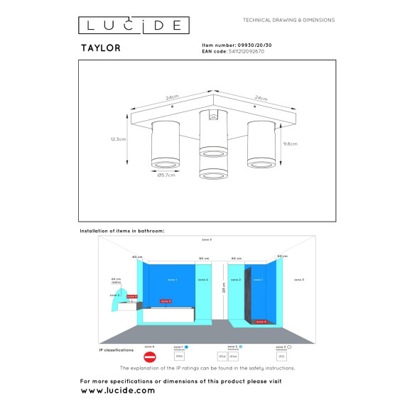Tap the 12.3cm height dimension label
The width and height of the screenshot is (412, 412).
(x=119, y=139)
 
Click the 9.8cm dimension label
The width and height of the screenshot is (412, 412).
(x=290, y=143)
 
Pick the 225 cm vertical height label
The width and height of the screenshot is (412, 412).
(x=223, y=290)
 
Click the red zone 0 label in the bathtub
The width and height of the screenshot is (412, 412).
(x=166, y=301)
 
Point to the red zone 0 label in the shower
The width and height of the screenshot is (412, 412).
(x=261, y=321)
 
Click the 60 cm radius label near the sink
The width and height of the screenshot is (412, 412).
(x=116, y=281)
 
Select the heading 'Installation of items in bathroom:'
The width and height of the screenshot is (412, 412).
(x=122, y=231)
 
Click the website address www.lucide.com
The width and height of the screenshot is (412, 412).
(x=117, y=391)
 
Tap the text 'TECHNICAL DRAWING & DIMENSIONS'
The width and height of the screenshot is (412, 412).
(x=288, y=20)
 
